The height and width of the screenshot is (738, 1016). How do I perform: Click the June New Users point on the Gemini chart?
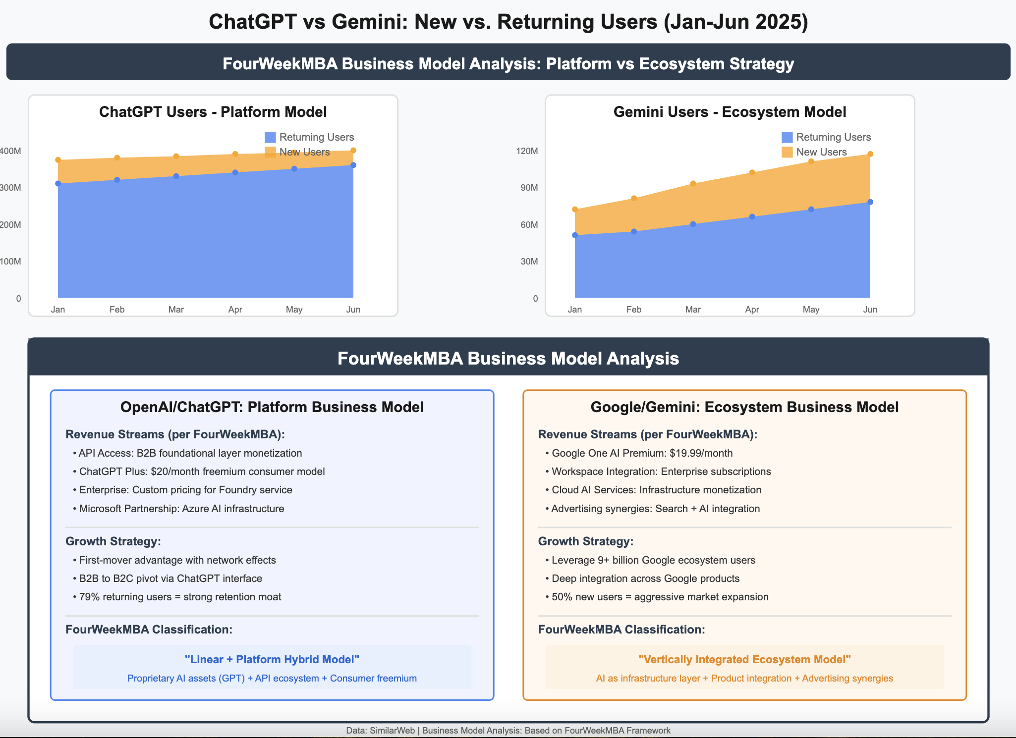pyautogui.click(x=870, y=154)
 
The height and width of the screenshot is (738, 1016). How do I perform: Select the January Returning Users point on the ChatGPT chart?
pyautogui.click(x=58, y=183)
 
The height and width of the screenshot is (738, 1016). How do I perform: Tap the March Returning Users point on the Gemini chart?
pyautogui.click(x=693, y=224)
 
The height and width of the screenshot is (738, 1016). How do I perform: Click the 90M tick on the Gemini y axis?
pyautogui.click(x=529, y=188)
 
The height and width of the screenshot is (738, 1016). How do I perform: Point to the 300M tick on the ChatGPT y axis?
pyautogui.click(x=11, y=188)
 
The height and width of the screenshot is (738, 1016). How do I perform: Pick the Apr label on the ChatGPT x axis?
pyautogui.click(x=235, y=310)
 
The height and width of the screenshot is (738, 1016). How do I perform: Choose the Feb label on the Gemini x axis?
pyautogui.click(x=633, y=310)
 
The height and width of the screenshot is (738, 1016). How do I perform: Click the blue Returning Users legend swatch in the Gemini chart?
pyautogui.click(x=787, y=137)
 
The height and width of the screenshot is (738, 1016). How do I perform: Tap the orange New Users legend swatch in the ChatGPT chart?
pyautogui.click(x=270, y=152)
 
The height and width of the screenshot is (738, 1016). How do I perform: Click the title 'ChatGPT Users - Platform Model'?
pyautogui.click(x=213, y=112)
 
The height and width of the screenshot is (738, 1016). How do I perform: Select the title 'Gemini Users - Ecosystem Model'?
pyautogui.click(x=730, y=112)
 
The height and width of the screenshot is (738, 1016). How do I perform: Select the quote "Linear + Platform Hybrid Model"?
pyautogui.click(x=272, y=659)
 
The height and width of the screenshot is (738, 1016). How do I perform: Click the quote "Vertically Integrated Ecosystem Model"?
pyautogui.click(x=744, y=659)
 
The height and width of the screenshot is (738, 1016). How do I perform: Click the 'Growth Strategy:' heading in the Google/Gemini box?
pyautogui.click(x=585, y=541)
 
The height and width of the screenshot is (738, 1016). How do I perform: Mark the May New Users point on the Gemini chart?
pyautogui.click(x=811, y=161)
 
